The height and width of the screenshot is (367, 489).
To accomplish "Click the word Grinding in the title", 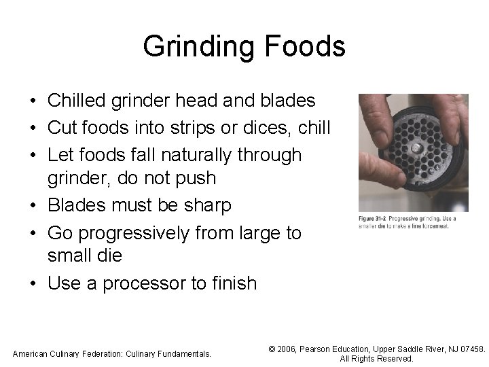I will pyautogui.click(x=195, y=47).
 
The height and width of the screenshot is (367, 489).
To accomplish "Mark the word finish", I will pyautogui.click(x=233, y=282).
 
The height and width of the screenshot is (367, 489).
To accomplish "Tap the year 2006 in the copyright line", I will pyautogui.click(x=289, y=349).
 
